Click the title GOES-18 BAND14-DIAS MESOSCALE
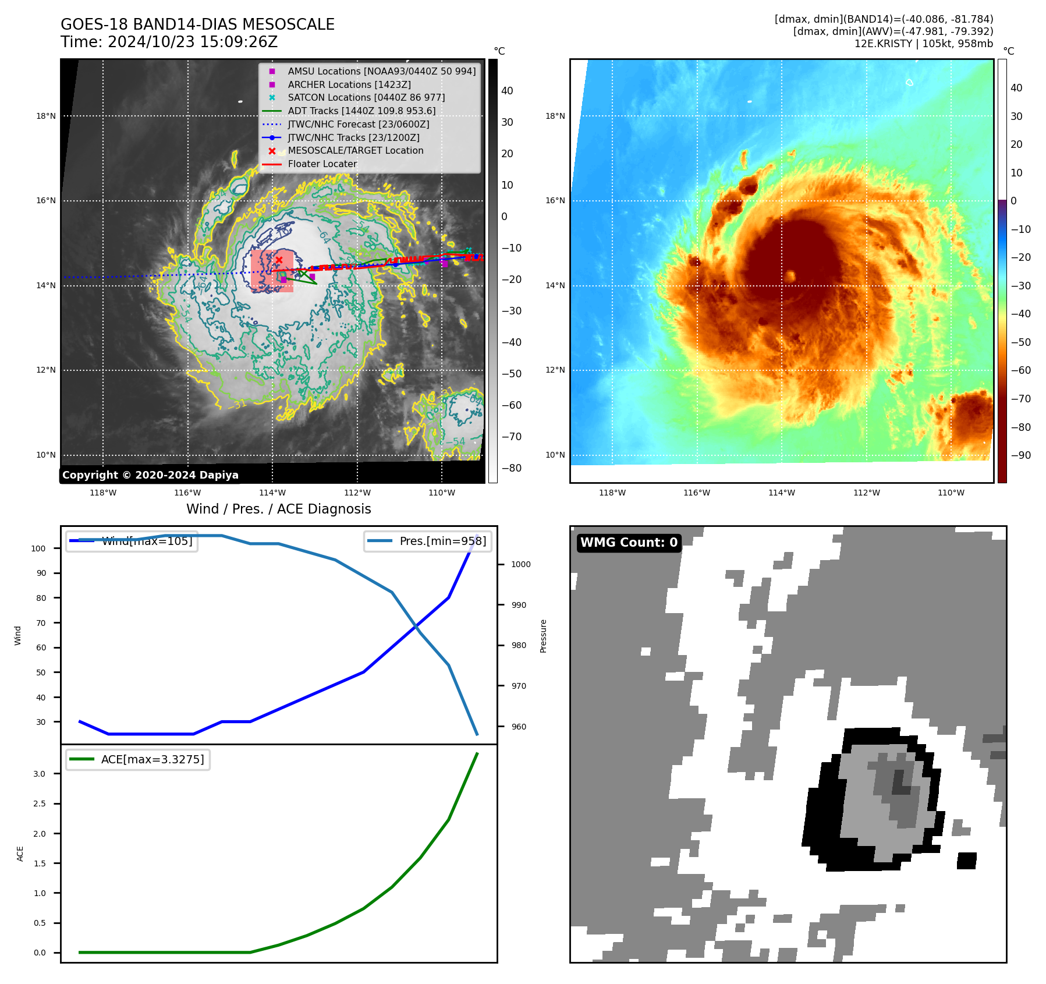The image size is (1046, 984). click(197, 24)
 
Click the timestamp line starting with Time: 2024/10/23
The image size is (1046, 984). click(169, 42)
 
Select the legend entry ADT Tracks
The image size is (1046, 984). click(361, 111)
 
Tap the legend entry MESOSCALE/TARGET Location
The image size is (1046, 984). click(355, 150)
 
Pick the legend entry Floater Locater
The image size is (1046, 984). click(322, 164)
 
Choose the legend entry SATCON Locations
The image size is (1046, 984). click(366, 97)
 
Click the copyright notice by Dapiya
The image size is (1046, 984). click(150, 475)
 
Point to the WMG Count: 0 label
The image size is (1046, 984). click(629, 543)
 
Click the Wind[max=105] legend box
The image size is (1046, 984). click(132, 541)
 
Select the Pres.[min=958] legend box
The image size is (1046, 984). click(428, 541)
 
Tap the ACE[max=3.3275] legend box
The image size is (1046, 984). click(138, 759)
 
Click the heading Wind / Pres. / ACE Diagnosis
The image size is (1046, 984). click(278, 509)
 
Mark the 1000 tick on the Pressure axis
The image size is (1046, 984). click(520, 564)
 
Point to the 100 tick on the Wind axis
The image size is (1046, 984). click(38, 548)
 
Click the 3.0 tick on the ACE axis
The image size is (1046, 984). click(39, 774)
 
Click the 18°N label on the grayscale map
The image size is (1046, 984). click(46, 116)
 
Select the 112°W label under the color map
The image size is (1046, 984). click(866, 493)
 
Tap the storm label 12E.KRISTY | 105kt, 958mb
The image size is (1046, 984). click(923, 44)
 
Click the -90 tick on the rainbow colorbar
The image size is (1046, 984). click(1020, 455)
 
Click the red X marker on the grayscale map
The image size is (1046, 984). click(279, 260)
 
